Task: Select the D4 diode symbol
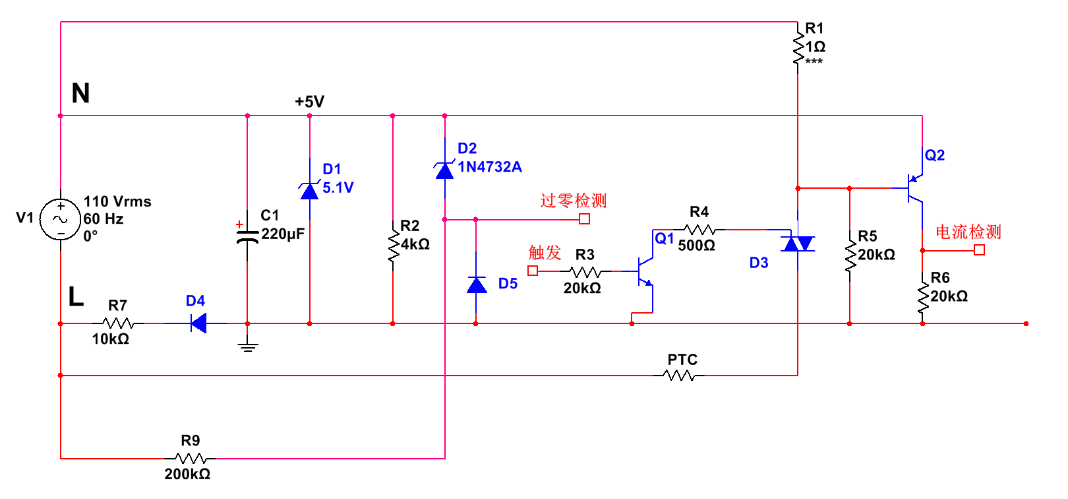pyautogui.click(x=198, y=323)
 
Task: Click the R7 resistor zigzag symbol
pyautogui.click(x=119, y=323)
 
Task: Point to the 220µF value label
pyautogui.click(x=283, y=234)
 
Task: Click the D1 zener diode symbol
pyautogui.click(x=309, y=191)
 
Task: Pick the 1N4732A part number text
pyautogui.click(x=490, y=167)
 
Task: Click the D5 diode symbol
pyautogui.click(x=476, y=284)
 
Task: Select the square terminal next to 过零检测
pyautogui.click(x=584, y=218)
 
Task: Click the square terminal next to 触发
pyautogui.click(x=533, y=271)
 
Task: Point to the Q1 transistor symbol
pyautogui.click(x=645, y=271)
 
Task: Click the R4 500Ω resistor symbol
pyautogui.click(x=700, y=230)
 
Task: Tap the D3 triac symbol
pyautogui.click(x=798, y=244)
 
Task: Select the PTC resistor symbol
pyautogui.click(x=679, y=376)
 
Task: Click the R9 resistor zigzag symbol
pyautogui.click(x=191, y=458)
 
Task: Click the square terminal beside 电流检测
pyautogui.click(x=979, y=250)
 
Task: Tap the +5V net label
pyautogui.click(x=309, y=102)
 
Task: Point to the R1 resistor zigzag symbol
pyautogui.click(x=798, y=48)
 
